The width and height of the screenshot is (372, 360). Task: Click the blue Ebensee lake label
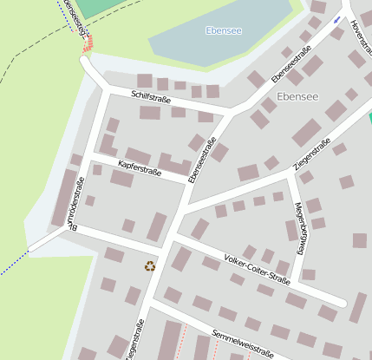click(x=224, y=30)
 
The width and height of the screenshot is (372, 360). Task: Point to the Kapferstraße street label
click(x=140, y=163)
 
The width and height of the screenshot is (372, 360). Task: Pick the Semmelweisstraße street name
click(x=242, y=344)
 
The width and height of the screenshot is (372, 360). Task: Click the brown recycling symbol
click(x=150, y=265)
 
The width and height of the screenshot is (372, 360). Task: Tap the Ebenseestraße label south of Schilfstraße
click(x=207, y=166)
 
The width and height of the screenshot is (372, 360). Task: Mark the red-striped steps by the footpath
click(x=87, y=44)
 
